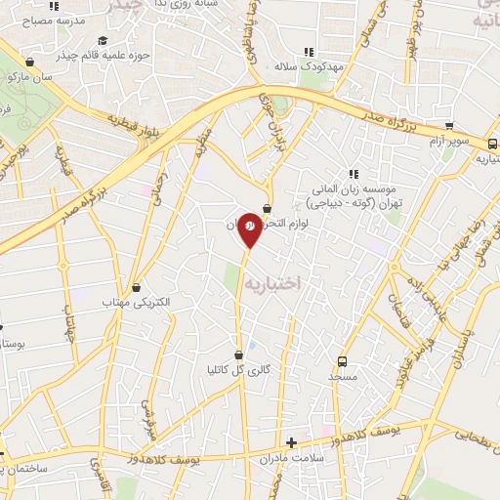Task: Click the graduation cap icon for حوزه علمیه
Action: pos(103,40)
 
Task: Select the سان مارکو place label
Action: pos(25,76)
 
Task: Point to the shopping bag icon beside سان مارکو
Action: pos(30,62)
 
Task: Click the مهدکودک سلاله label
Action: pos(310,65)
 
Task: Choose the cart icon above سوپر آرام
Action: pos(448,126)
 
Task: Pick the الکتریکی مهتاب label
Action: pos(137,304)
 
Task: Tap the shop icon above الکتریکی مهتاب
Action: pos(136,287)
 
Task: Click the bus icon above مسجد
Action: pos(341,359)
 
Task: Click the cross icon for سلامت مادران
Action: pos(292,442)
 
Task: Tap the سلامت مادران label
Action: pos(292,458)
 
